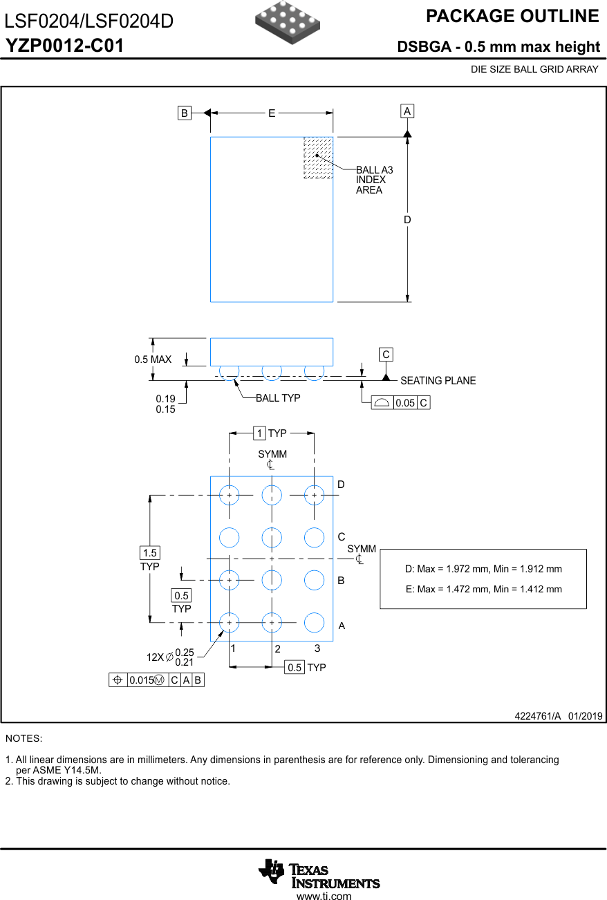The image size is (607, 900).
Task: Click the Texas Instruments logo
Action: pyautogui.click(x=319, y=874)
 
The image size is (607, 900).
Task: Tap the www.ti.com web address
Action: pyautogui.click(x=324, y=896)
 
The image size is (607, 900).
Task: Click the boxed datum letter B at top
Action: pyautogui.click(x=185, y=113)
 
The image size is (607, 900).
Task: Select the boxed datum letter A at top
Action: pyautogui.click(x=407, y=111)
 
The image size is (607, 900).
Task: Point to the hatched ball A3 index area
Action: pyautogui.click(x=318, y=158)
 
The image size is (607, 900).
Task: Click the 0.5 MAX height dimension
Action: pyautogui.click(x=153, y=359)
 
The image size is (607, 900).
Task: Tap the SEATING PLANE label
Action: pyautogui.click(x=438, y=380)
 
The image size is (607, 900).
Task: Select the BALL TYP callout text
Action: pyautogui.click(x=278, y=398)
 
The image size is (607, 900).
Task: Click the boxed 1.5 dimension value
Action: pyautogui.click(x=149, y=553)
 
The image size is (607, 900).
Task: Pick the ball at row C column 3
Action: pyautogui.click(x=314, y=537)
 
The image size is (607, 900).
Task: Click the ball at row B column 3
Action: pyautogui.click(x=314, y=580)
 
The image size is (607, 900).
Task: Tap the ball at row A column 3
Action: pyautogui.click(x=314, y=623)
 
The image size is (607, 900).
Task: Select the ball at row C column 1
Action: pyautogui.click(x=229, y=537)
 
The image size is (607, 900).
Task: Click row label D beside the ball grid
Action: pyautogui.click(x=341, y=485)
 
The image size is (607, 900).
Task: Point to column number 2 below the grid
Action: pyautogui.click(x=277, y=649)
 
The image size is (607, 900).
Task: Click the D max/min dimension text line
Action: pyautogui.click(x=483, y=569)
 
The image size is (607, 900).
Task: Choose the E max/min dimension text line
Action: pyautogui.click(x=483, y=589)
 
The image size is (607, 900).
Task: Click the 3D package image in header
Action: pyautogui.click(x=288, y=18)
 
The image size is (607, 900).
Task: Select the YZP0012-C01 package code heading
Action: pyautogui.click(x=65, y=46)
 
